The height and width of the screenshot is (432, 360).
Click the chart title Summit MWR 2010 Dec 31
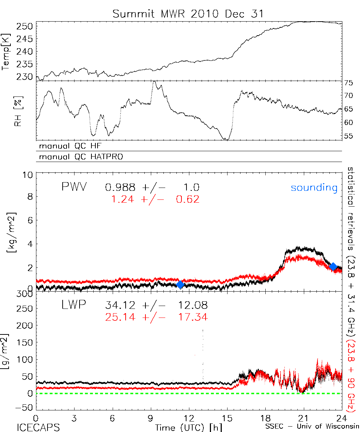coord(188,14)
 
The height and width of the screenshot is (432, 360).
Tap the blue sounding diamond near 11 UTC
coord(180,284)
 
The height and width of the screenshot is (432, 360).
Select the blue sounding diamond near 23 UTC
coord(333,266)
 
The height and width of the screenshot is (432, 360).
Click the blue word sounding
coord(314,188)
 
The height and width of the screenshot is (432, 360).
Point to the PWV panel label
coord(74,187)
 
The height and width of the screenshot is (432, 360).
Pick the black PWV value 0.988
coord(120,187)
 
